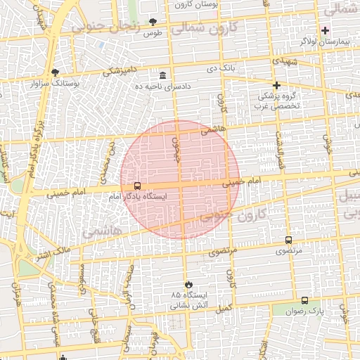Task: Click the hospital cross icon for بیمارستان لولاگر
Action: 325,30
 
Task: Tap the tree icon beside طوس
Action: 154,22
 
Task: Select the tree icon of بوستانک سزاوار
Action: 56,72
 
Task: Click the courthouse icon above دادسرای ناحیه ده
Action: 163,75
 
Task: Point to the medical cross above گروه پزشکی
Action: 277,85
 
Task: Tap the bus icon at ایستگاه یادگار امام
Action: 136,186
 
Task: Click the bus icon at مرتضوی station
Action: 289,240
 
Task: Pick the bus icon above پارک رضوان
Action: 304,300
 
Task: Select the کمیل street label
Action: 223,309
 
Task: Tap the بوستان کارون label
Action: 212,4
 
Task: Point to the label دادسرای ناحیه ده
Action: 162,86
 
